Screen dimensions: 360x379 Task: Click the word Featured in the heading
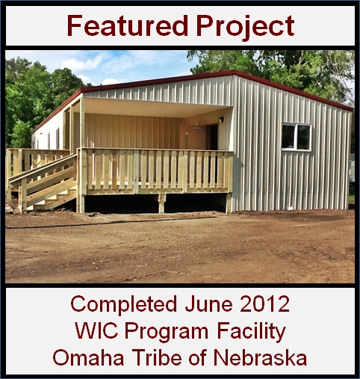tap(127, 25)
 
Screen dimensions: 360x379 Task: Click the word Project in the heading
tap(245, 27)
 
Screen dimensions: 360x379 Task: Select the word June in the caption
tap(208, 304)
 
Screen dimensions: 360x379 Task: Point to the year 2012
tap(265, 304)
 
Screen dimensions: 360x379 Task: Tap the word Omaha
tap(88, 358)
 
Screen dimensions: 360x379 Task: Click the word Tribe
tap(158, 357)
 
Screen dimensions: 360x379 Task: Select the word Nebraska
tap(260, 357)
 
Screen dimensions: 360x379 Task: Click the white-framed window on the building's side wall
tap(297, 137)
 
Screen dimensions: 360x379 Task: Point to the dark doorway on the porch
tap(214, 138)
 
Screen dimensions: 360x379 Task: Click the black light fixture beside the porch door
tap(221, 120)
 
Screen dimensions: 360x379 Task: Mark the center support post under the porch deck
tap(162, 203)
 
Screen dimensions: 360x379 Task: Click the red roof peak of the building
tap(234, 73)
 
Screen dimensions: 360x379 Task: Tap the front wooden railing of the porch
tap(155, 171)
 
